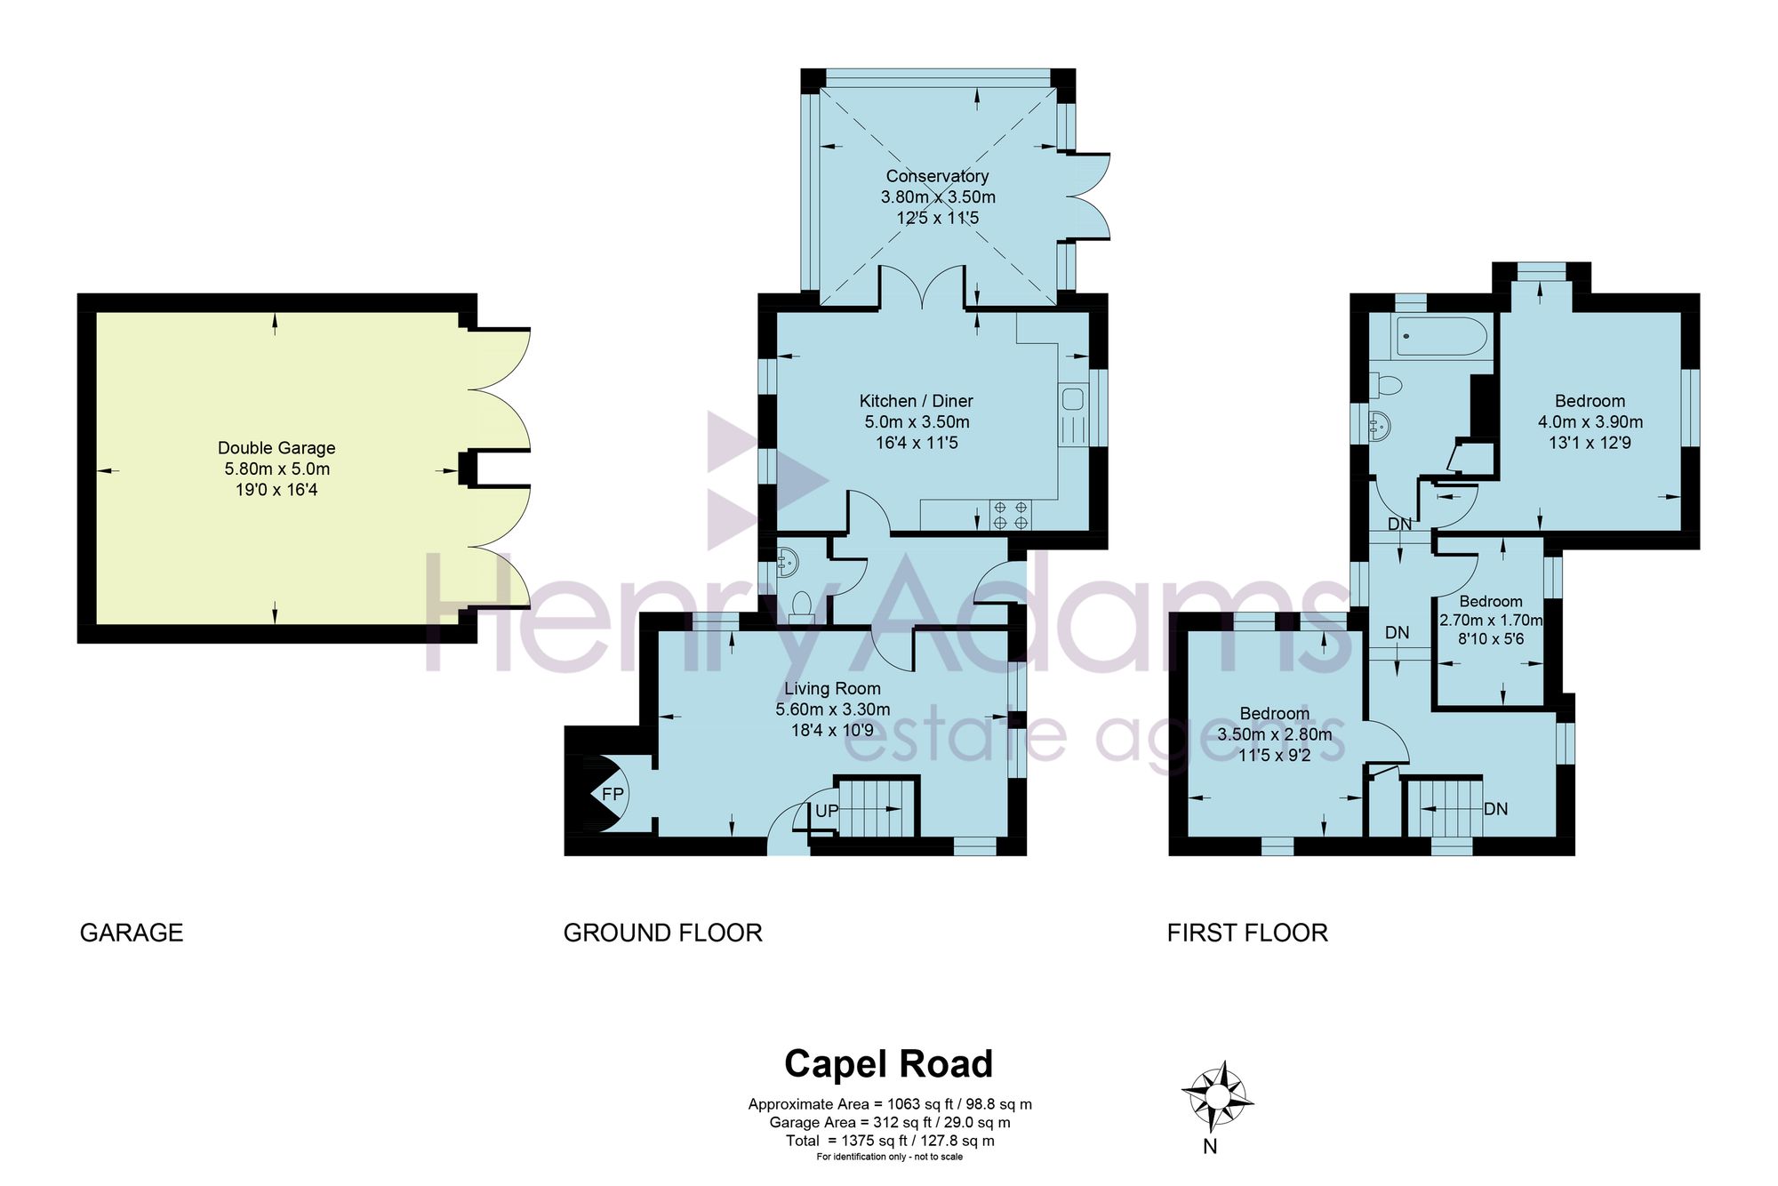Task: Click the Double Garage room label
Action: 276,448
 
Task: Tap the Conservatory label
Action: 937,176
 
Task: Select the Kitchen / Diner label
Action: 917,401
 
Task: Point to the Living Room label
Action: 832,688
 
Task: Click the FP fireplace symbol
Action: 612,793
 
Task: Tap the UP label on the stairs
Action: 827,811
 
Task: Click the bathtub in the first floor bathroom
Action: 1441,336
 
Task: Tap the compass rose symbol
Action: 1216,1097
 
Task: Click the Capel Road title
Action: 888,1063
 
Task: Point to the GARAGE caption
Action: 132,933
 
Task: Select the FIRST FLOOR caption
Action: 1247,933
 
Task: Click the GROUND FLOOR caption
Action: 663,933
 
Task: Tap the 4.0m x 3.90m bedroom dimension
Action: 1590,422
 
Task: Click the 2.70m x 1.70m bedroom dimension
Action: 1491,620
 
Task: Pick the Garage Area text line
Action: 890,1123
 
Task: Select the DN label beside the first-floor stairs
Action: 1495,809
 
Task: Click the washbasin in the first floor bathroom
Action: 1380,426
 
